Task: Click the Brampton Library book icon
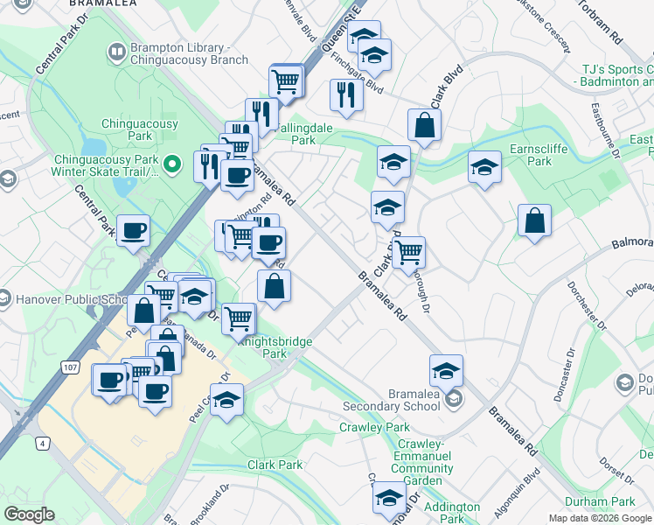[115, 53]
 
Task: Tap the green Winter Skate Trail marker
[174, 163]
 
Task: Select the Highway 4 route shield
[41, 444]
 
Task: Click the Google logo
[29, 514]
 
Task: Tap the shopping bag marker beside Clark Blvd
[424, 125]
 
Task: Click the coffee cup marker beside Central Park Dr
[132, 231]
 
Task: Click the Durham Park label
[611, 501]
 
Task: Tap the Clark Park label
[275, 465]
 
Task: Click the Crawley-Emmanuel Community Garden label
[422, 456]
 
